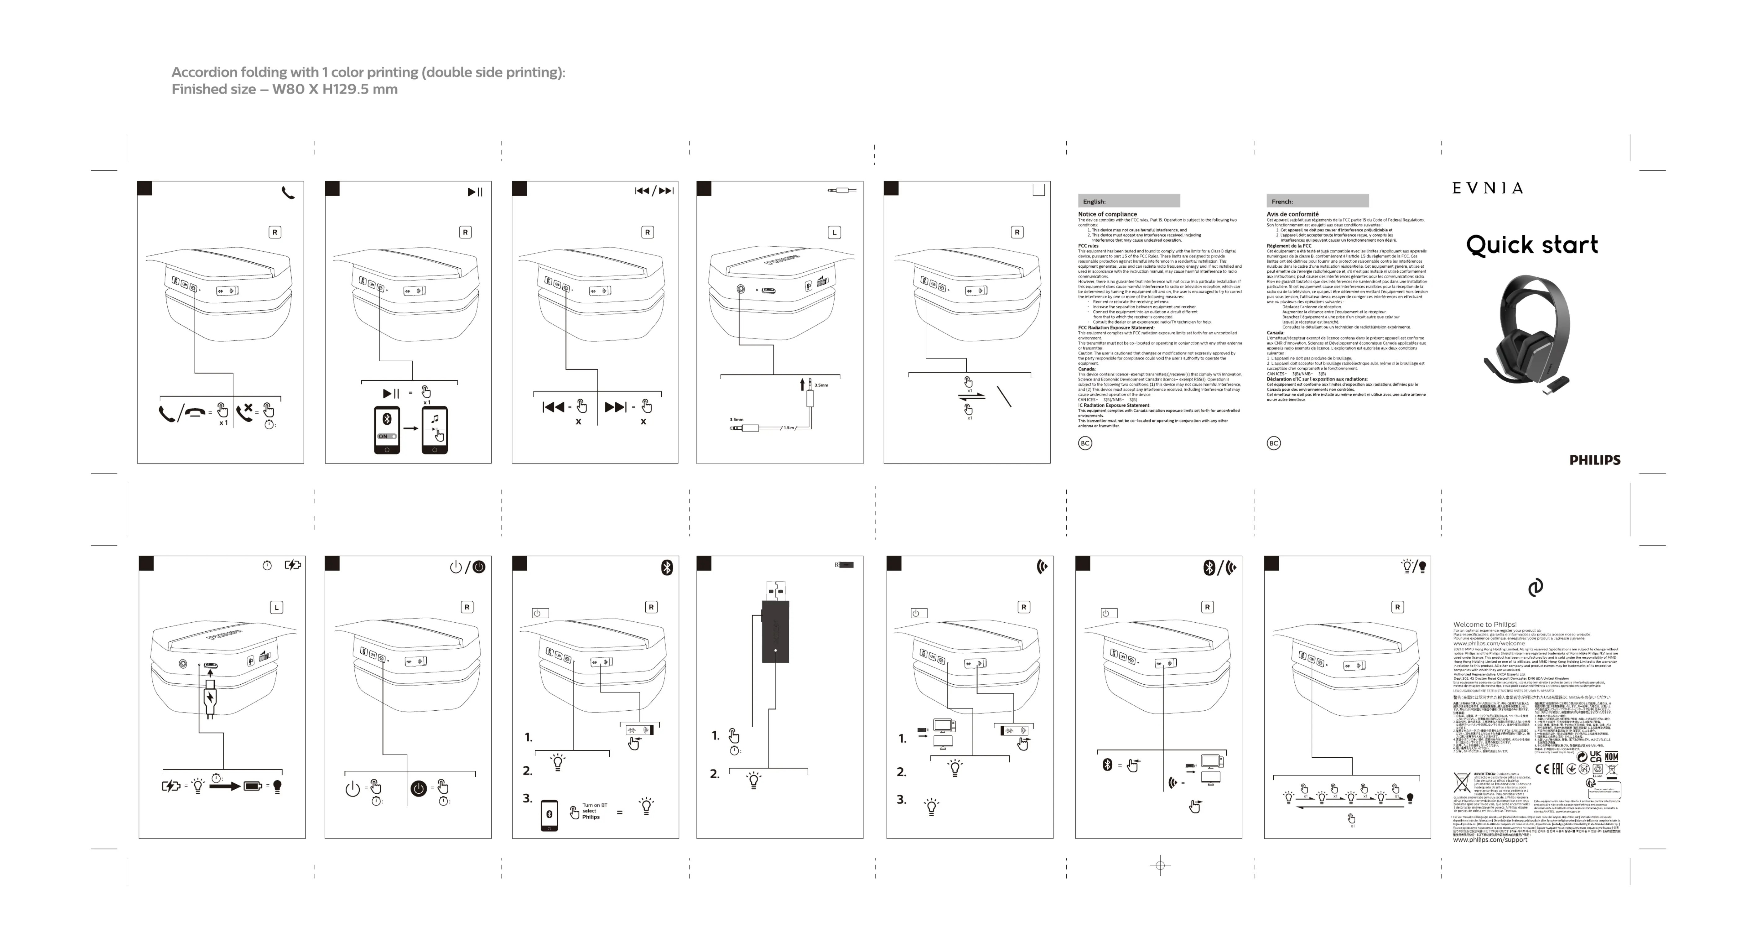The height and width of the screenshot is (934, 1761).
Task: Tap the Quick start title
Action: (x=1531, y=245)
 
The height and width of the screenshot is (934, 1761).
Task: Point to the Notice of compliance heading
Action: (x=1108, y=214)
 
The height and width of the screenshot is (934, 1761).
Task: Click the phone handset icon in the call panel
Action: (x=288, y=193)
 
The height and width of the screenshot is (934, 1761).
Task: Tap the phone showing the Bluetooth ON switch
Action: (x=387, y=429)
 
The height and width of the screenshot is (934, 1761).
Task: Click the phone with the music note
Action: (x=435, y=429)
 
